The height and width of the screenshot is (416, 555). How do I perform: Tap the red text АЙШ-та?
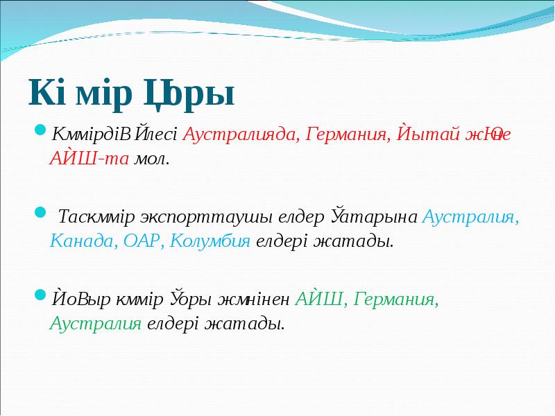[x=88, y=158]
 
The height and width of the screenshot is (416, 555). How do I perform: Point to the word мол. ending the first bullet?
[x=151, y=158]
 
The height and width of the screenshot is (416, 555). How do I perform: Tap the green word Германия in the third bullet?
[x=396, y=299]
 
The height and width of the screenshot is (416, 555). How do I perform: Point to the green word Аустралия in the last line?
[x=96, y=323]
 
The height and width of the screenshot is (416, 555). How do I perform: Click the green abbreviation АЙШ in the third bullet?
[x=321, y=299]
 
